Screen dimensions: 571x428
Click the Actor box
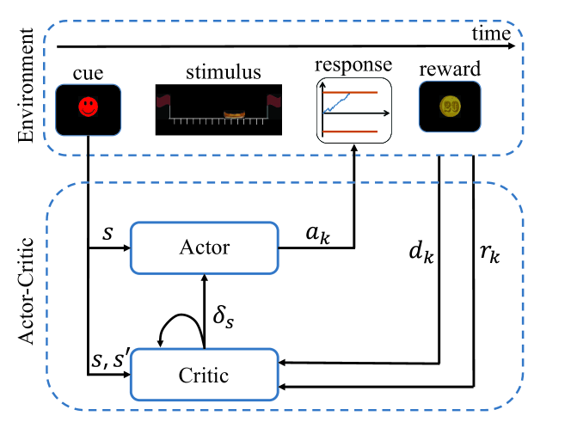pyautogui.click(x=205, y=248)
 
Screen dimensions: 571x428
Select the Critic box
pyautogui.click(x=205, y=375)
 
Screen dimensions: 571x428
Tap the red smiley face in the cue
pyautogui.click(x=88, y=107)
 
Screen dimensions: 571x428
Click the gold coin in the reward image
pyautogui.click(x=450, y=107)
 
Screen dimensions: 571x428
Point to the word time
pyautogui.click(x=491, y=34)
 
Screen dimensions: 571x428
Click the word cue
pyautogui.click(x=88, y=74)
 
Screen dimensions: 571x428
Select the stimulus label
pyautogui.click(x=224, y=71)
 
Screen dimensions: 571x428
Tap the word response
pyautogui.click(x=353, y=65)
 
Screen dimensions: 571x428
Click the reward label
pyautogui.click(x=450, y=69)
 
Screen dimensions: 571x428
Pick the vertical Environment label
pyautogui.click(x=26, y=86)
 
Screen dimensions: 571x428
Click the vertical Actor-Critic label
pyautogui.click(x=26, y=290)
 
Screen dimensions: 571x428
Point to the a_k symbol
pyautogui.click(x=318, y=235)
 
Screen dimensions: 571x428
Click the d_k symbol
pyautogui.click(x=421, y=252)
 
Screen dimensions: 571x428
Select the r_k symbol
pyautogui.click(x=490, y=253)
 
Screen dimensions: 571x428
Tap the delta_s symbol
pyautogui.click(x=224, y=316)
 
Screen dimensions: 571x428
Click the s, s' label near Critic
pyautogui.click(x=109, y=359)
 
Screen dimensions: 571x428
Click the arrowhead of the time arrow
pyautogui.click(x=512, y=46)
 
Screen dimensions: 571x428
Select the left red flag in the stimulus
pyautogui.click(x=163, y=101)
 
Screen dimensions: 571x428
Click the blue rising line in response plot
pyautogui.click(x=336, y=103)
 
